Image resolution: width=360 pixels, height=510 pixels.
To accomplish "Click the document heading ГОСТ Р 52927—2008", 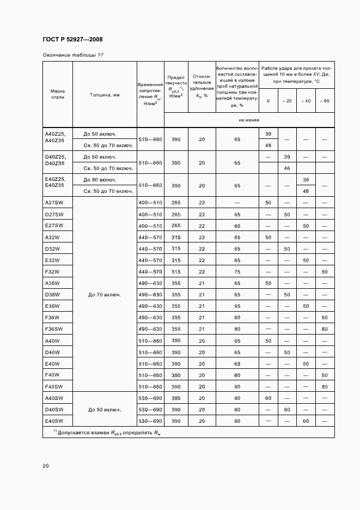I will coord(72,40).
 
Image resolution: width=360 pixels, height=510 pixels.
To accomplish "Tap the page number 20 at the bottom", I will coord(45,466).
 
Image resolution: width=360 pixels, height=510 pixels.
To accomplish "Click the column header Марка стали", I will coord(58,94).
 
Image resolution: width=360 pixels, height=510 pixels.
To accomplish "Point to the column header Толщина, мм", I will coord(105,94).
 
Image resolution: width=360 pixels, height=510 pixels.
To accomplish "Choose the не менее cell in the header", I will coord(249,120).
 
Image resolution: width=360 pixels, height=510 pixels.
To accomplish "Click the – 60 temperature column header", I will coord(325,101).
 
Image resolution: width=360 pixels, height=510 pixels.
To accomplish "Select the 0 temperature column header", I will coord(268,101).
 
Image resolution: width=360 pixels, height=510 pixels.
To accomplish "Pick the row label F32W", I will coord(52,271).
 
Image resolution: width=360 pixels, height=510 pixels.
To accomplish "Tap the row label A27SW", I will coord(54,203).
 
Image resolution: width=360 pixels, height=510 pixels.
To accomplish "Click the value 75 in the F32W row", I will coord(237,271).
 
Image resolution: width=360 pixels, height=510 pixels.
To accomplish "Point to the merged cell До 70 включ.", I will coord(105,295).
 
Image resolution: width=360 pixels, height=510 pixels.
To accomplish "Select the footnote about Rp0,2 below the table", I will coord(107,432).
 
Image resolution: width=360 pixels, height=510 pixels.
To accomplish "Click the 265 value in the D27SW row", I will coord(176,214).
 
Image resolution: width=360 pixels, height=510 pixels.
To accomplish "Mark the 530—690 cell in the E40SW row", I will coord(150,421).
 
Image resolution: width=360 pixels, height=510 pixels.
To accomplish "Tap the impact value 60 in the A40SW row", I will coord(268,398).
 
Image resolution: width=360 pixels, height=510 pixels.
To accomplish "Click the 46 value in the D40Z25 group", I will coord(287,168).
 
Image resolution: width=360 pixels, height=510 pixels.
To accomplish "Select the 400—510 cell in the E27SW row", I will coord(150,226).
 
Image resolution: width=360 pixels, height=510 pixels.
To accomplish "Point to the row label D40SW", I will coord(54,409).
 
